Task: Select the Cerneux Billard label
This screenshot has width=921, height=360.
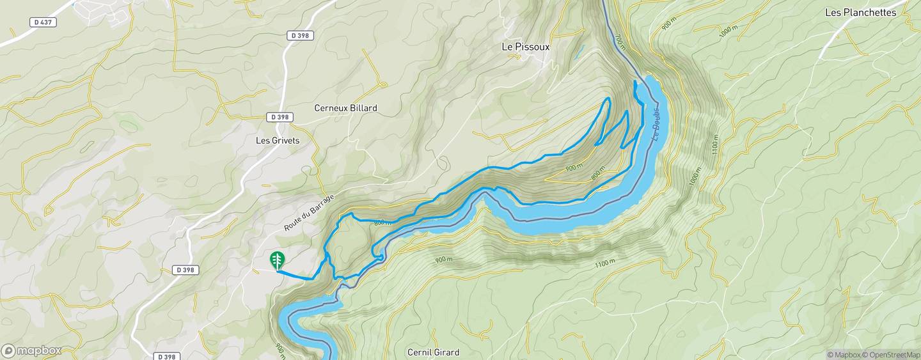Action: coord(345,108)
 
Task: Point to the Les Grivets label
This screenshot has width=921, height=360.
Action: coord(278,140)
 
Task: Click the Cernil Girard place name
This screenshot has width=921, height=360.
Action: coord(433,352)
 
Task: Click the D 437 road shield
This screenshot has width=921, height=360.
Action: coord(43,22)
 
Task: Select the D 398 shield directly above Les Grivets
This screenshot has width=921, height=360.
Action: coord(281,117)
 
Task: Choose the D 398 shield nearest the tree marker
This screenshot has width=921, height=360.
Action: coord(185,270)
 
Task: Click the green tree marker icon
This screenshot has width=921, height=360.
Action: coord(277,260)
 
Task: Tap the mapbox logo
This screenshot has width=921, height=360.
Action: coord(32,350)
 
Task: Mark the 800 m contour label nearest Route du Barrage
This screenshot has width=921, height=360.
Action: coord(381,222)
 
